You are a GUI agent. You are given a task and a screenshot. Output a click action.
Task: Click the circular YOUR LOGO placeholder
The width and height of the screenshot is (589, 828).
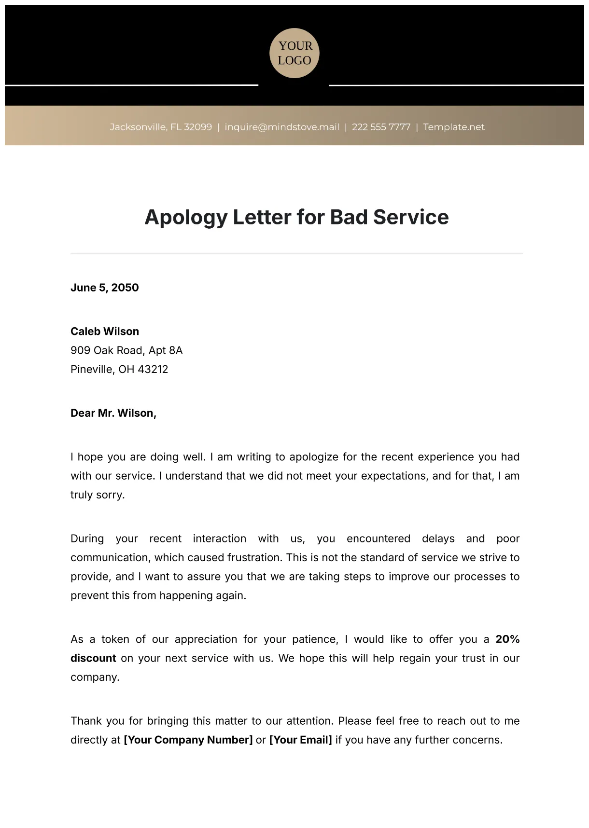(294, 53)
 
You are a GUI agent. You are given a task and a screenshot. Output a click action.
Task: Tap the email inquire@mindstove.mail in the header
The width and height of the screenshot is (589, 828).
(282, 127)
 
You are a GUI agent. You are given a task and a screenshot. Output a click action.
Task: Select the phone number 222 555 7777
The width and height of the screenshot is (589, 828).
(381, 127)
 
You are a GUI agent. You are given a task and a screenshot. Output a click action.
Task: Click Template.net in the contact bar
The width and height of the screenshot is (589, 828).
(454, 127)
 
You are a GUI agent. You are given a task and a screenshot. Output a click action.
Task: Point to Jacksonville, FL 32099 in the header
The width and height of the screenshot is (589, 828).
(161, 127)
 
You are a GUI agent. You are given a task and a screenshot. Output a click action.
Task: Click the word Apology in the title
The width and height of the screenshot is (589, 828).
(186, 218)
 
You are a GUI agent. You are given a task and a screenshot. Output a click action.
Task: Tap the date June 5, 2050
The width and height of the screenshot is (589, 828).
(105, 288)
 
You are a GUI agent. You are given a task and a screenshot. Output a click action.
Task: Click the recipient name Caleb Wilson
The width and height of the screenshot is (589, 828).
(105, 331)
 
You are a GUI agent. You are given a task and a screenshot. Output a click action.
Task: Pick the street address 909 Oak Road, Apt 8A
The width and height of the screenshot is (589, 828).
(126, 350)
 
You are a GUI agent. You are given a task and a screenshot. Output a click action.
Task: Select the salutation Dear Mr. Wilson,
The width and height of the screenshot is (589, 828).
(113, 413)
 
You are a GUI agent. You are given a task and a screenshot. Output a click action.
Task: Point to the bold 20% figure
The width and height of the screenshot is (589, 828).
(507, 639)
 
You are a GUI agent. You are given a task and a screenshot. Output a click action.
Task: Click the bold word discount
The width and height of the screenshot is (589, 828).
(93, 658)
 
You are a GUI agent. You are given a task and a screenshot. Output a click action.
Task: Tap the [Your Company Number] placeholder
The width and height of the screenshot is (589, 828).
(188, 740)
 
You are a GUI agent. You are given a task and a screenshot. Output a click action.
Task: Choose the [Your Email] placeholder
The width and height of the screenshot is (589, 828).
(300, 740)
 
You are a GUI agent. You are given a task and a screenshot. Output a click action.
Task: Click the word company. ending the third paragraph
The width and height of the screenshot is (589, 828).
(95, 677)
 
